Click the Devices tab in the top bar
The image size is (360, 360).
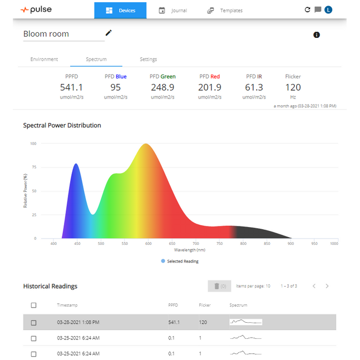pos(120,11)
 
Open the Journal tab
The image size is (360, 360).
pos(172,11)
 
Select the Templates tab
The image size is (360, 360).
pos(225,11)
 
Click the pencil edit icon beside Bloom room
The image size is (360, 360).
pos(109,33)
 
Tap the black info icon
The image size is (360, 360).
pos(317,35)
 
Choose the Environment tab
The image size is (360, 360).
pos(44,60)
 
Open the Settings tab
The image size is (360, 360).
pos(148,60)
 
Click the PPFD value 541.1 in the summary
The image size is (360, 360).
pos(71,87)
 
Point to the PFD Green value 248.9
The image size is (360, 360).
pos(162,87)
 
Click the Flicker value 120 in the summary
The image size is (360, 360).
pos(293,87)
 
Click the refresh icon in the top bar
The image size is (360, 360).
pos(308,9)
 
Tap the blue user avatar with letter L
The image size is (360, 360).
pos(328,9)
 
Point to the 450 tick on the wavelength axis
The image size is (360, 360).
pos(77,244)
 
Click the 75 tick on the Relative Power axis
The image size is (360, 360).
pos(33,167)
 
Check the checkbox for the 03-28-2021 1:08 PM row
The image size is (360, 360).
pos(34,322)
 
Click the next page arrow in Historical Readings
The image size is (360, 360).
pos(327,286)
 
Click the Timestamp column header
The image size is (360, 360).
pos(67,305)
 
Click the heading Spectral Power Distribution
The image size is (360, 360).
pos(62,125)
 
